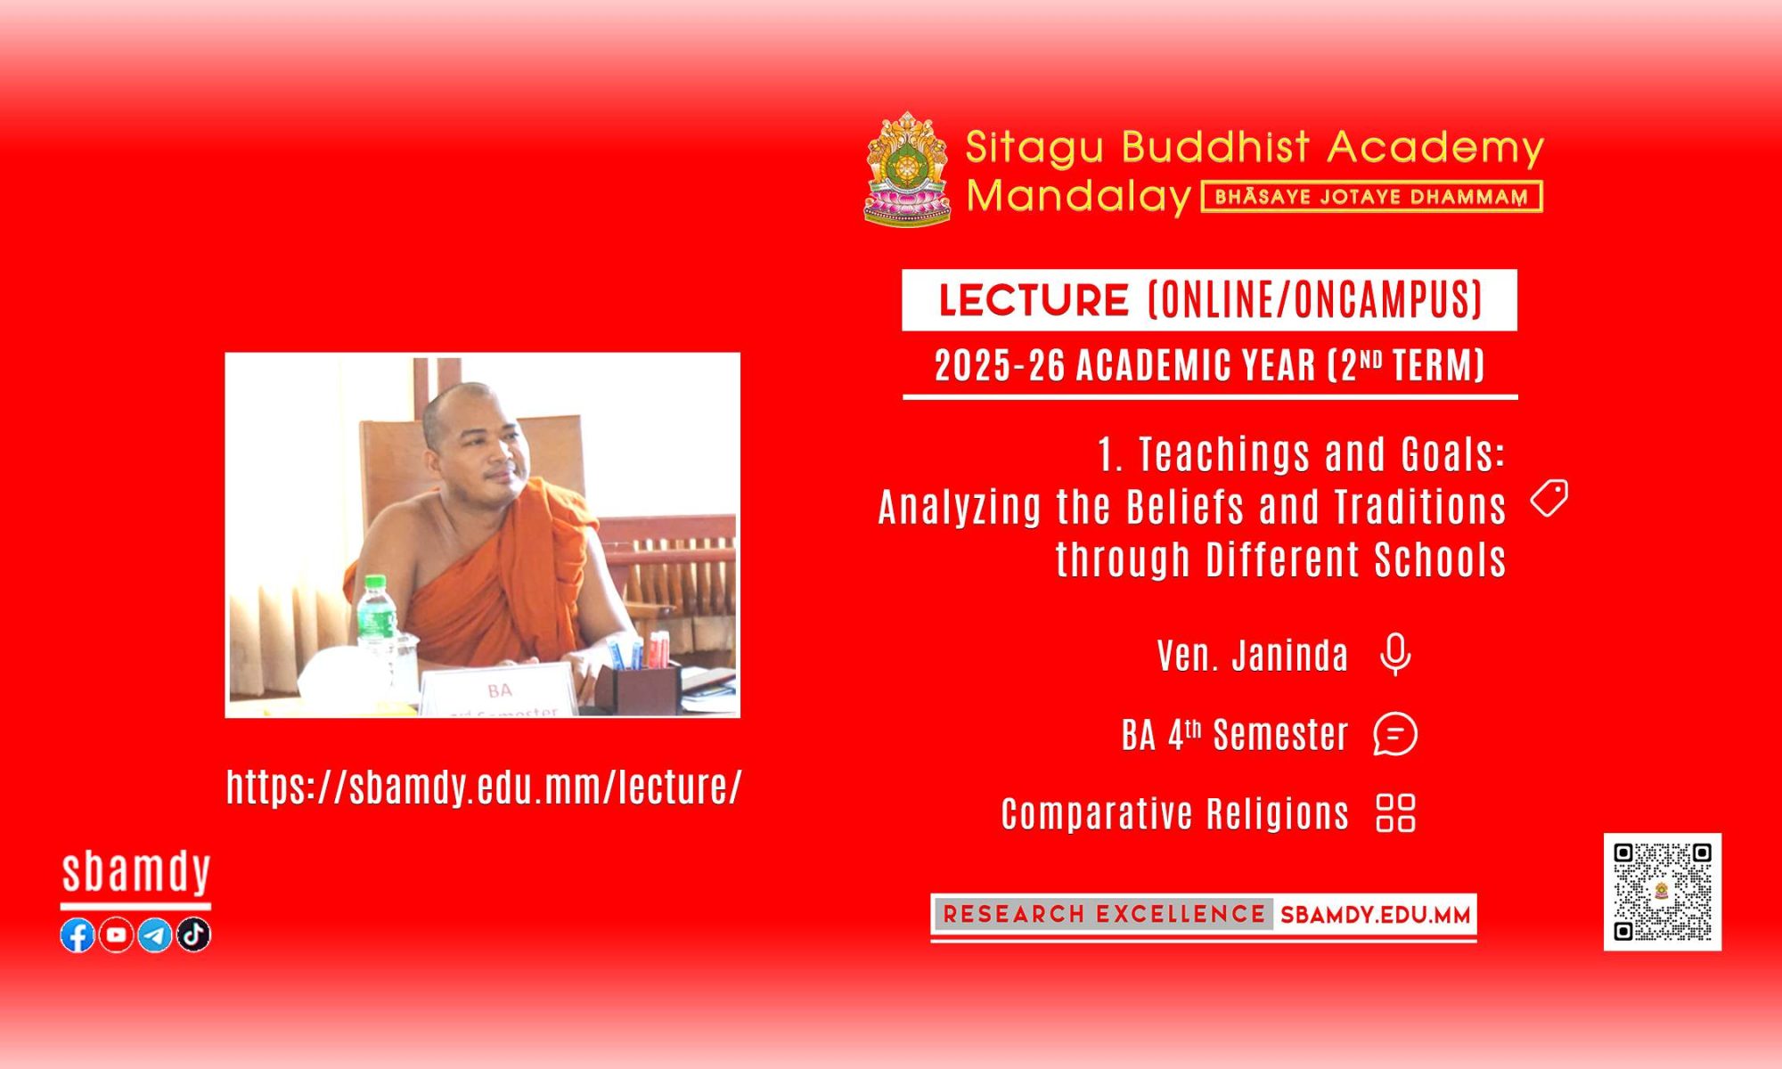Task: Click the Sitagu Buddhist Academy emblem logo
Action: point(907,168)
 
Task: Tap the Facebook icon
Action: point(78,934)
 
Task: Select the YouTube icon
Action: point(116,934)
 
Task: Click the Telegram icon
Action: point(155,934)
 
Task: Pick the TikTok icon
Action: point(193,934)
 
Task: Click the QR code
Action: point(1663,892)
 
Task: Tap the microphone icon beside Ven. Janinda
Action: point(1395,655)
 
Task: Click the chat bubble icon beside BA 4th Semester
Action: point(1395,734)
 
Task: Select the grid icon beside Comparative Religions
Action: point(1395,812)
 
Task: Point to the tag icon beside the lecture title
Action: point(1549,498)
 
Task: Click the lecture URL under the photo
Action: point(484,787)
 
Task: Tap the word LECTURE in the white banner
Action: point(1034,300)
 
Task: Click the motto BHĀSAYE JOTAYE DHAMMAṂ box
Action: point(1372,197)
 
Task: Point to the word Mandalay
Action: point(1079,196)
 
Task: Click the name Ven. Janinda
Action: point(1253,656)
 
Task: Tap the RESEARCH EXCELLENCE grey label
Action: point(1103,914)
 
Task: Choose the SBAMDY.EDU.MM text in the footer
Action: point(1375,915)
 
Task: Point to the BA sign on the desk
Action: point(499,691)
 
